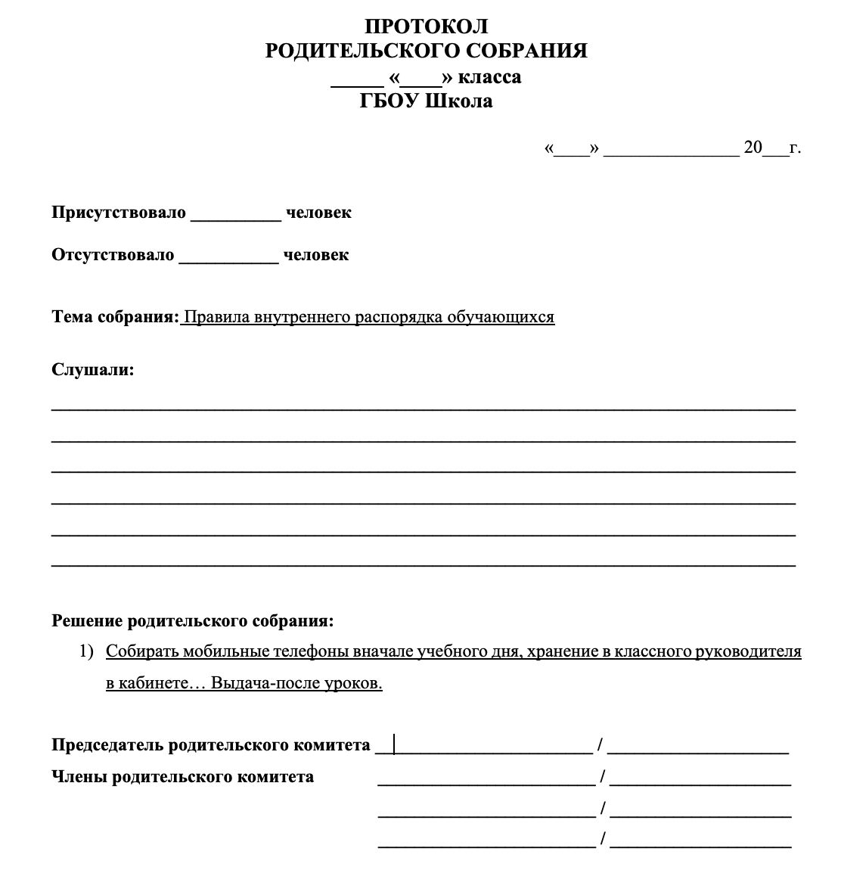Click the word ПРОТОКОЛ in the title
[x=427, y=26]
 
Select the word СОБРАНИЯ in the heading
[x=526, y=51]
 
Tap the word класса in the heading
[x=490, y=77]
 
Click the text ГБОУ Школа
[x=427, y=101]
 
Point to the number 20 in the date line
[x=753, y=148]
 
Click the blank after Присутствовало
[x=236, y=213]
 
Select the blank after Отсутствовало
[x=228, y=256]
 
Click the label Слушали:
[x=92, y=370]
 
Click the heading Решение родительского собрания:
[x=192, y=621]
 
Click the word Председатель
[x=107, y=745]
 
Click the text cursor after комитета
[x=394, y=745]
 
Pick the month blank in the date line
[x=671, y=149]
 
